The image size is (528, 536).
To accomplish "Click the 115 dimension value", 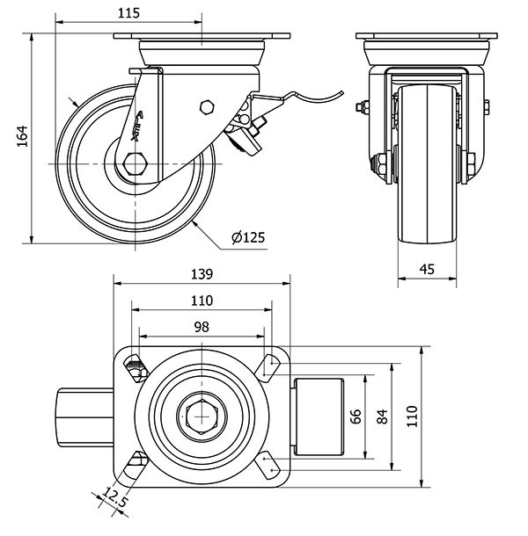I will coord(128,13).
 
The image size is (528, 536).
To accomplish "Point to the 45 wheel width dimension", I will coord(427,271).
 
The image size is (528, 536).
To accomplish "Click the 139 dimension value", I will coord(202,275).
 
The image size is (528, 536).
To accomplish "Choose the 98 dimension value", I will coord(202,326).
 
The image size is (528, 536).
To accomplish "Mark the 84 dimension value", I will coord(382,416).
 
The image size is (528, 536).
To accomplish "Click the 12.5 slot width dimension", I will coord(113,500).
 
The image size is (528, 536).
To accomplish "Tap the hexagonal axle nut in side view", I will coord(136,163).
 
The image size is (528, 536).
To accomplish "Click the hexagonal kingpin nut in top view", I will coord(202,416).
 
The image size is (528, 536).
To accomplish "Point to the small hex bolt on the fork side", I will coord(206,107).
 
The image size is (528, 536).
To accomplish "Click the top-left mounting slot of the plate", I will coord(134,364).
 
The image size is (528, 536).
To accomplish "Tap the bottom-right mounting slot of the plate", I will coord(269,461).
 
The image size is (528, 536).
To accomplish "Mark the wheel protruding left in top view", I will coord(85,416).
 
